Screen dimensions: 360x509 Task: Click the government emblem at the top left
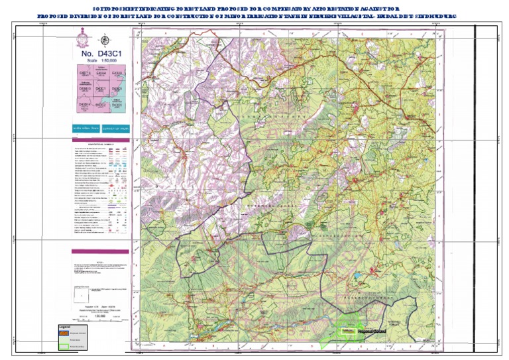[x=86, y=38]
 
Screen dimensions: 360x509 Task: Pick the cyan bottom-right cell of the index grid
[x=117, y=104]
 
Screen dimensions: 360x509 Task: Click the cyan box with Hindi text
[x=86, y=128]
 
